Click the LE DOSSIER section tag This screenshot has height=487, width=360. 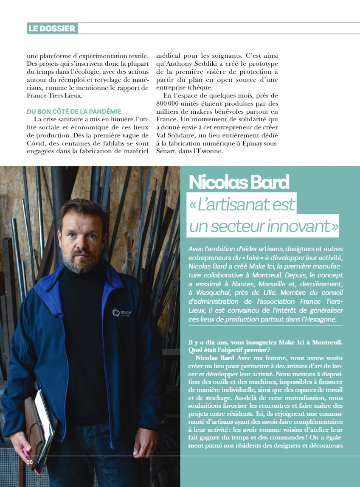pyautogui.click(x=52, y=28)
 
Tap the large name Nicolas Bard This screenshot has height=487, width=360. pyautogui.click(x=239, y=182)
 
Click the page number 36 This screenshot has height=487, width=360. pyautogui.click(x=30, y=462)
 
